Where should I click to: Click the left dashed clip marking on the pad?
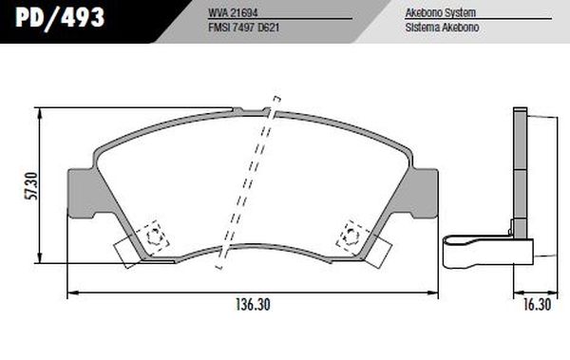tap(151, 236)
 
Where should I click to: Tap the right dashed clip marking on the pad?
tap(349, 233)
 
